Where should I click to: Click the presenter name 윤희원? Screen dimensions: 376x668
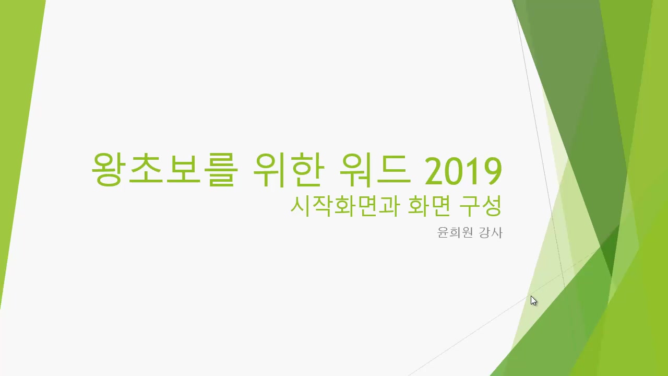click(x=454, y=232)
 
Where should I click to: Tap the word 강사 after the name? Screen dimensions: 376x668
click(x=491, y=232)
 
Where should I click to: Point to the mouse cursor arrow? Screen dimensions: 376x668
click(x=533, y=300)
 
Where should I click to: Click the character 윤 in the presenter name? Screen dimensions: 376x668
click(x=443, y=232)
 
